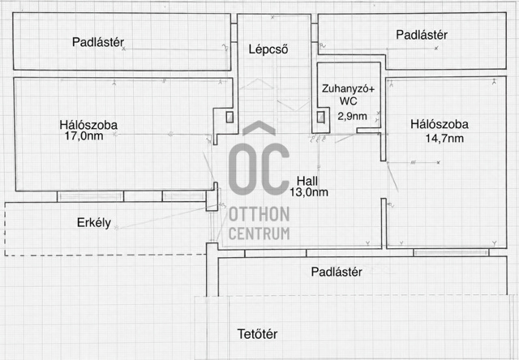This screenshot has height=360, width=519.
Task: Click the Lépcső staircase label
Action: (x=268, y=49)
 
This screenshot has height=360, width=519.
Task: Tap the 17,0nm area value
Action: (x=84, y=136)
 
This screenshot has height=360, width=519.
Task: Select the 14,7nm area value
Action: (x=444, y=138)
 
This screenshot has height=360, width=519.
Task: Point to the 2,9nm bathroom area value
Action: (x=352, y=116)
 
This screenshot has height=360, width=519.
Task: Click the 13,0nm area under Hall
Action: (x=309, y=192)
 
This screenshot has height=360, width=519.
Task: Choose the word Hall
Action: (x=307, y=181)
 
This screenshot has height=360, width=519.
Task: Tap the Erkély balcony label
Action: (x=94, y=223)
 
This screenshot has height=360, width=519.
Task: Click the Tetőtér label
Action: (x=258, y=334)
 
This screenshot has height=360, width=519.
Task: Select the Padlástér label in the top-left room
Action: (x=98, y=42)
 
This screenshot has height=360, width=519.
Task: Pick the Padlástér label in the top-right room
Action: (x=422, y=35)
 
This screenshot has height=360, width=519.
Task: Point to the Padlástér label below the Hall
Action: (x=337, y=272)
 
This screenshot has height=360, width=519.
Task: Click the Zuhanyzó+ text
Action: (x=348, y=88)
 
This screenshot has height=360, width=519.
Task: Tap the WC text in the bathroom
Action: (x=348, y=101)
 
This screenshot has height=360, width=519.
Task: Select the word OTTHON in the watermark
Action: (x=259, y=214)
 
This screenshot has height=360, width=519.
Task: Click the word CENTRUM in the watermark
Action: (x=259, y=234)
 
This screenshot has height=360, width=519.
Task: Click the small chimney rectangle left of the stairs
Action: (x=229, y=117)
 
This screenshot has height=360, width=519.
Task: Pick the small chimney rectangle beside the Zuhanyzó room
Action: (x=320, y=117)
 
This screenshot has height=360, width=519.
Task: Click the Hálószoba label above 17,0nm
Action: (x=88, y=125)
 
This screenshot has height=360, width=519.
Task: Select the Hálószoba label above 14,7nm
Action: (x=440, y=124)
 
